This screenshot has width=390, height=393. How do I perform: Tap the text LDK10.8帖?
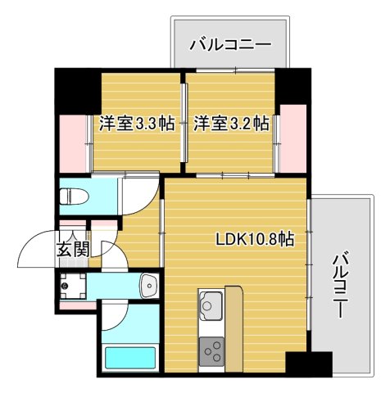tap(255, 241)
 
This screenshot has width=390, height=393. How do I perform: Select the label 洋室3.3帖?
tap(137, 124)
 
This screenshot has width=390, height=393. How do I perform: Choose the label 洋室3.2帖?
tap(231, 124)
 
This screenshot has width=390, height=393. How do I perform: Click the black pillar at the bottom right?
tap(309, 364)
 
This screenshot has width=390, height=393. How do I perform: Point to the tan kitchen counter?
tap(233, 327)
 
